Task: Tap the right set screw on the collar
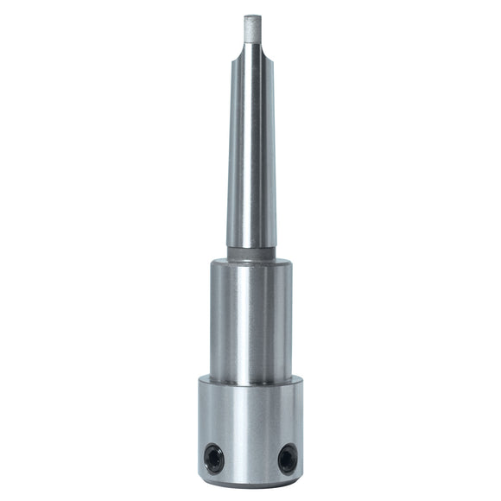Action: pyautogui.click(x=287, y=457)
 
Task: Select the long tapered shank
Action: pyautogui.click(x=251, y=155)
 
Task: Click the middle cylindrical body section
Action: pyautogui.click(x=250, y=320)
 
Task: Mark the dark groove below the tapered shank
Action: pyautogui.click(x=251, y=254)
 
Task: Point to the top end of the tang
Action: pyautogui.click(x=251, y=16)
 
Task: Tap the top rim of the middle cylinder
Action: pyautogui.click(x=250, y=263)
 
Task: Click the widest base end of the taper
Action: pyautogui.click(x=251, y=245)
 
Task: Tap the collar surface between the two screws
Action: pyautogui.click(x=250, y=458)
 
